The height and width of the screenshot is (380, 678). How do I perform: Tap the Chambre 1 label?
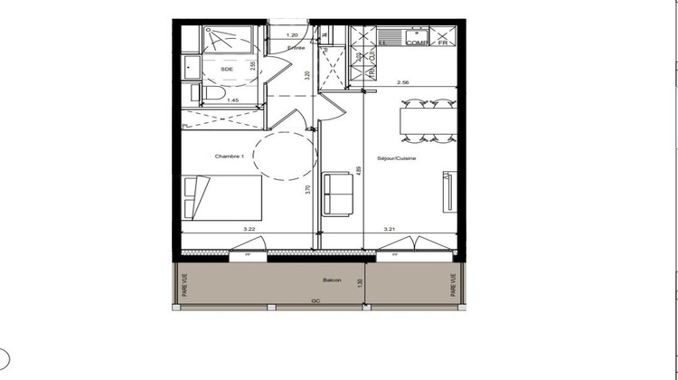click(x=231, y=157)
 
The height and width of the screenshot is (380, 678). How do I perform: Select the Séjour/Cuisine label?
click(x=397, y=157)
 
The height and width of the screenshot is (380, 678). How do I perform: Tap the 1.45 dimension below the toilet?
click(x=233, y=100)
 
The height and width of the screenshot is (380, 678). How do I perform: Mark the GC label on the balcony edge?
click(x=315, y=300)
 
